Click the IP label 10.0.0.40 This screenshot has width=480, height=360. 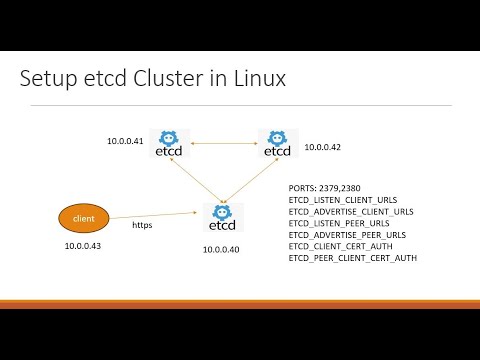click(222, 248)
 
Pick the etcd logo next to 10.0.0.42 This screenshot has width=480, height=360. click(276, 144)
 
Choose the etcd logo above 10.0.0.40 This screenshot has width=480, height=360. click(220, 217)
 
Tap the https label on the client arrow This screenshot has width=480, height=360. click(142, 225)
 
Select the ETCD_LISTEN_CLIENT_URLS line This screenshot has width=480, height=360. click(343, 200)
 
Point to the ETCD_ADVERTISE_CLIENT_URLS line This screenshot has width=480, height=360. click(350, 211)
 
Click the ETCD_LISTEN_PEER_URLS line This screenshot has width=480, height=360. click(339, 223)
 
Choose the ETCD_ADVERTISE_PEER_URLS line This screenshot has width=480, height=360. click(346, 235)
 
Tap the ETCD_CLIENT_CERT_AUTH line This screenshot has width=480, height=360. click(340, 246)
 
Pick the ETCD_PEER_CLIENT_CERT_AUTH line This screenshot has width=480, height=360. click(351, 258)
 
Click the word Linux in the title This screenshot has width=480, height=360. click(257, 79)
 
